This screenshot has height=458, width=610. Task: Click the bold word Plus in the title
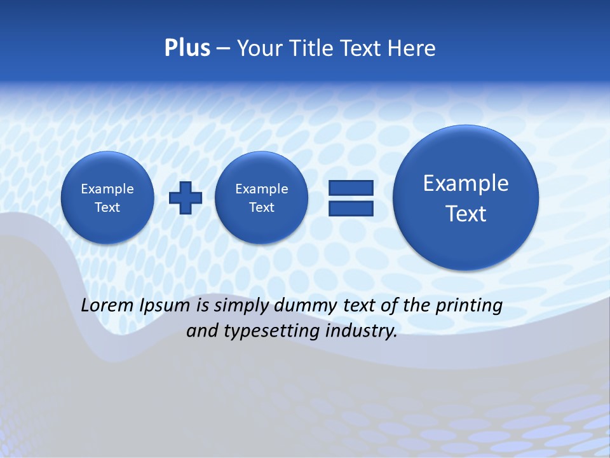click(187, 48)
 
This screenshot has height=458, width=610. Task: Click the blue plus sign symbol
click(186, 197)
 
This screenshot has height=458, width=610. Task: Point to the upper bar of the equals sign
click(351, 188)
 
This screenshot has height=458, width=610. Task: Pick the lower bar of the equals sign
click(351, 209)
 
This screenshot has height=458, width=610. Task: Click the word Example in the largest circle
click(466, 183)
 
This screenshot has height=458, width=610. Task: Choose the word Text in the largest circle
click(466, 214)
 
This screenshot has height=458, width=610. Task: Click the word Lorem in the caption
click(107, 305)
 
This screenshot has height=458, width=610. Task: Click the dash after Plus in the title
click(223, 49)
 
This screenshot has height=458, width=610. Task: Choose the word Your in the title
click(259, 48)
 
